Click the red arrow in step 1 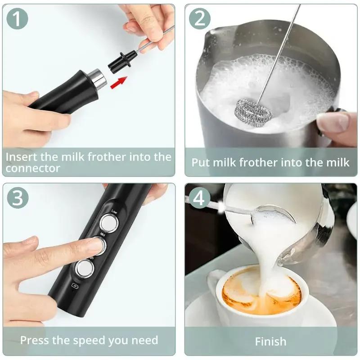pos(118,82)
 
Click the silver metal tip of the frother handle pos(98,78)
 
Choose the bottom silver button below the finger pos(84,269)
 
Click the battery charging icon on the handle pos(75,285)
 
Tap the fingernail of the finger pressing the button pos(95,245)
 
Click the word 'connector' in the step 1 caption pos(32,168)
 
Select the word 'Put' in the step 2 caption pos(201,162)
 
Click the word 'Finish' pos(270,341)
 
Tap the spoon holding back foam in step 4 pos(270,213)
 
